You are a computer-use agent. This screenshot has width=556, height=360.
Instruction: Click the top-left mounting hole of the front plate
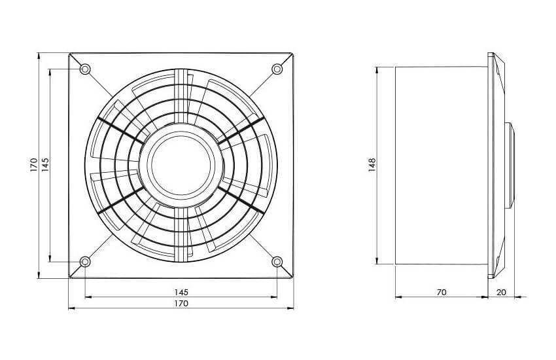tap(85, 69)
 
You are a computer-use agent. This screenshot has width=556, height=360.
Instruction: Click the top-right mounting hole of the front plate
tap(277, 69)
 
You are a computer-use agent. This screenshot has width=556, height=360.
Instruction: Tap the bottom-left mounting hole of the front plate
tap(85, 262)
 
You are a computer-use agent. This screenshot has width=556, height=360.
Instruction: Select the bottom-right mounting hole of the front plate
tap(277, 262)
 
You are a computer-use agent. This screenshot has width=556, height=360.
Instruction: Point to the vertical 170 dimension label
tap(33, 166)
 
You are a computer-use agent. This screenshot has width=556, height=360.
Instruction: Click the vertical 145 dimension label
tap(45, 165)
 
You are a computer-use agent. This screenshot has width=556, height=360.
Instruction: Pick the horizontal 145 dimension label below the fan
tap(181, 293)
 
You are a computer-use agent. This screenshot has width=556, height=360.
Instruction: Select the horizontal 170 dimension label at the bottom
tap(181, 304)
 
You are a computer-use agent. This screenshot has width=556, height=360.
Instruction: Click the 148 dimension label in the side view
tap(372, 166)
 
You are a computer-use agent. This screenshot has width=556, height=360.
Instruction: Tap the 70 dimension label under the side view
tap(442, 293)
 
